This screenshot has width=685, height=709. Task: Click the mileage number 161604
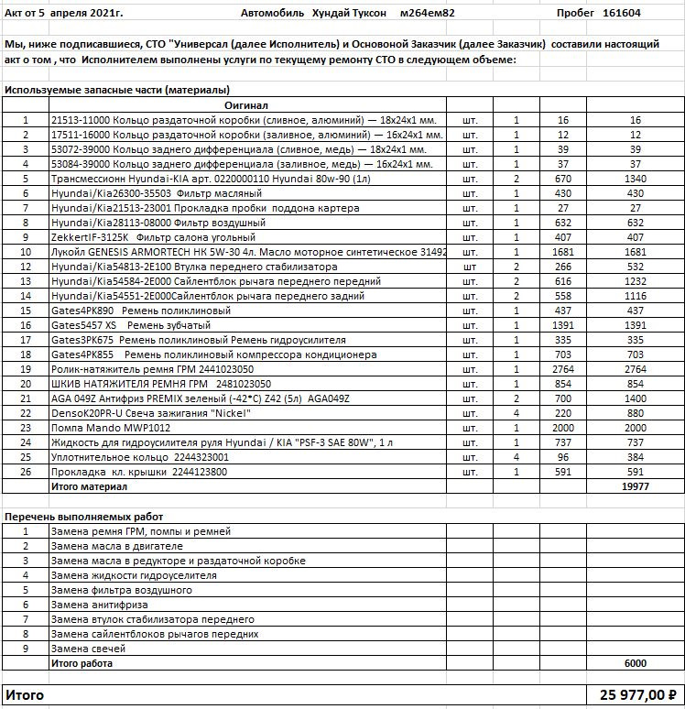622,14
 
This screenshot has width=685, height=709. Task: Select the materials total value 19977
635,487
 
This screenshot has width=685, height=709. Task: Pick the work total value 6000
635,663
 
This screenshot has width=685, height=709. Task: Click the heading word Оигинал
246,106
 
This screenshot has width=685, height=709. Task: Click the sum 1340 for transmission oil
635,179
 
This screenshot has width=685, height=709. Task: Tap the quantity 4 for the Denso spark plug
516,413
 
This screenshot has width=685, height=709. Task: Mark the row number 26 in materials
26,472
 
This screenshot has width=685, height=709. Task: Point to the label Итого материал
89,487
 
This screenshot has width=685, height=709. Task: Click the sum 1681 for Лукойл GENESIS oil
635,252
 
